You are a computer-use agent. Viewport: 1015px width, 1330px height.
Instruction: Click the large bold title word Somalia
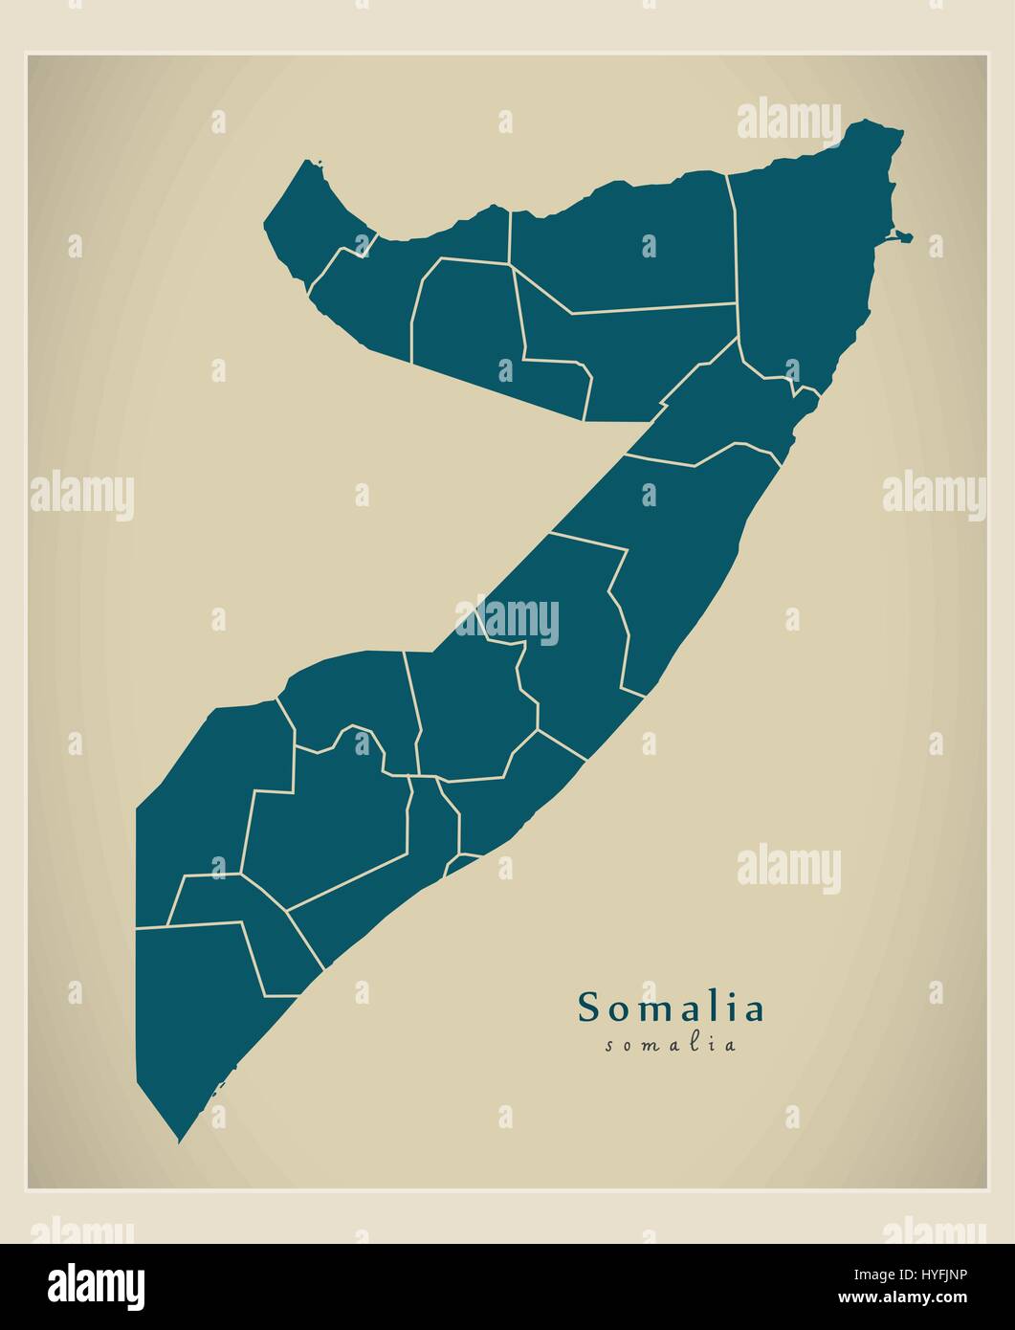pyautogui.click(x=671, y=1008)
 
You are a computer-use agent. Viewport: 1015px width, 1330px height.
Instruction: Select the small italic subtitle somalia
pyautogui.click(x=671, y=1045)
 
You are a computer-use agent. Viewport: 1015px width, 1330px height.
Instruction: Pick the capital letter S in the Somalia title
pyautogui.click(x=588, y=1008)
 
